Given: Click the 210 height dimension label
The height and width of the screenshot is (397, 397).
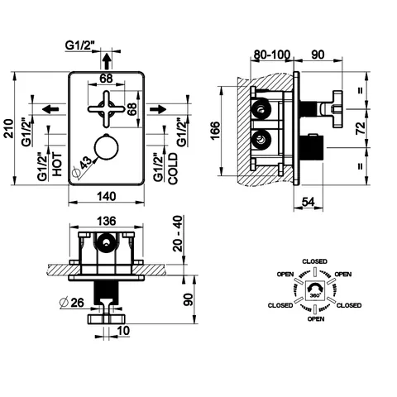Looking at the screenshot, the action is click(9, 128).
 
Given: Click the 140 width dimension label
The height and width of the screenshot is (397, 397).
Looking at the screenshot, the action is click(107, 197).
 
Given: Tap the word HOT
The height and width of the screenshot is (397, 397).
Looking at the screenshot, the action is click(57, 165).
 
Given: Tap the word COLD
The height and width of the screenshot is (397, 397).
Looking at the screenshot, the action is click(173, 169).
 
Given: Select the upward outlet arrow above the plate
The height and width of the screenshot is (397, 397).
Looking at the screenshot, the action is click(106, 61).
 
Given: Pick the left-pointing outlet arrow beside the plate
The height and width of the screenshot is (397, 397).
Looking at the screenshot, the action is click(51, 109).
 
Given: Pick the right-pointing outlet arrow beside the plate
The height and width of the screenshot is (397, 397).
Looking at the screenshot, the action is click(158, 109).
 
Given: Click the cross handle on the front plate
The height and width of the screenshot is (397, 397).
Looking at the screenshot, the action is click(107, 109).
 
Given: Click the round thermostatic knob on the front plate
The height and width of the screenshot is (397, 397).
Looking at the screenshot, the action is click(106, 146).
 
